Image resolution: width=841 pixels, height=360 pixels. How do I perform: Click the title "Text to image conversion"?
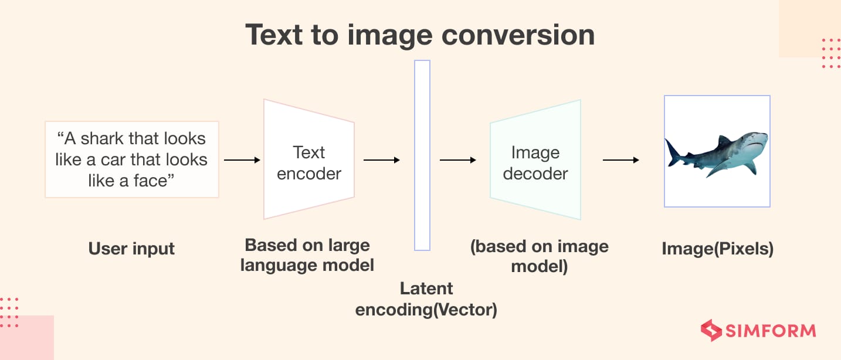420,35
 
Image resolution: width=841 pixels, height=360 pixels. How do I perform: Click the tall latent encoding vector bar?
422,155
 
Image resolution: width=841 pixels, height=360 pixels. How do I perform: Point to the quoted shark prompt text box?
131,159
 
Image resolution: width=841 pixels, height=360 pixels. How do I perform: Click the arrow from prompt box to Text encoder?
242,159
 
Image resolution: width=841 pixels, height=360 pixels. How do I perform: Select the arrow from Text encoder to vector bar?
381,159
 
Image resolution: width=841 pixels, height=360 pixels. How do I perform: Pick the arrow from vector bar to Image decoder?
457,159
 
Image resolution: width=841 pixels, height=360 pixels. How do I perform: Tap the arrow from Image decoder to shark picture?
620,159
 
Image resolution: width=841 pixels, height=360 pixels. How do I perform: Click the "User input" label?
131,249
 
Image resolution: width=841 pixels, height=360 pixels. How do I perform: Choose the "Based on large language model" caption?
307,255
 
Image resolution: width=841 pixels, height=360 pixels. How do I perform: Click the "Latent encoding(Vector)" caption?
426,299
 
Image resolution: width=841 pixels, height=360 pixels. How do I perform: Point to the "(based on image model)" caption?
540,256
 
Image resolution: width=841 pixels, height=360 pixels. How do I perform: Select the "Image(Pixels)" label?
717,249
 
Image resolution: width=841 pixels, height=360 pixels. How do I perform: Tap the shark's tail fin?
673,151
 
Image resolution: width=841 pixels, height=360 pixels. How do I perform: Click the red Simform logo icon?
711,330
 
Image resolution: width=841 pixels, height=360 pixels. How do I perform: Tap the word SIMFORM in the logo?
770,331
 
